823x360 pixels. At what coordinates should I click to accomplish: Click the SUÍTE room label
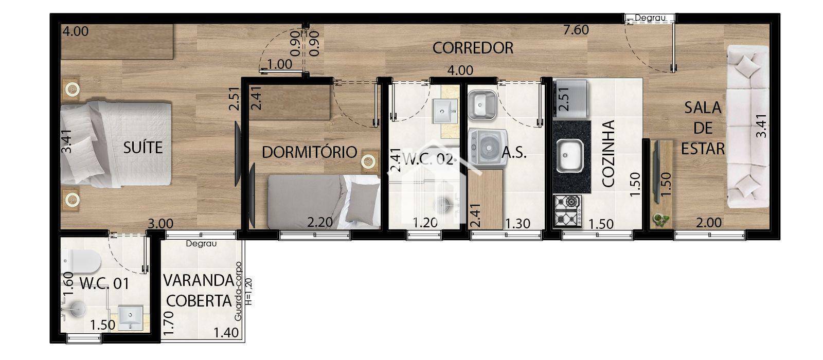(143, 148)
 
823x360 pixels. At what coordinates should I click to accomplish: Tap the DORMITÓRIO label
(309, 152)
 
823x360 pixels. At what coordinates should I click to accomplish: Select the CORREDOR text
(473, 48)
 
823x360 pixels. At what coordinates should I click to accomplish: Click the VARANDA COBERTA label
(198, 291)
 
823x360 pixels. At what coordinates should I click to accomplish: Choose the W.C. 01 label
(104, 283)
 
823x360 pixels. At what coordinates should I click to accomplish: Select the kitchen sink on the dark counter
(570, 156)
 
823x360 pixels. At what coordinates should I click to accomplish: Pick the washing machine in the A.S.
(487, 149)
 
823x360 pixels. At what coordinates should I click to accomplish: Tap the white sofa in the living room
(747, 126)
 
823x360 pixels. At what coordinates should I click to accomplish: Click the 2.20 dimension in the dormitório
(319, 223)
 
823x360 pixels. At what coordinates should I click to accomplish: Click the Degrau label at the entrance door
(650, 18)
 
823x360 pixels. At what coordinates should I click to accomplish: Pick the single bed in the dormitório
(324, 201)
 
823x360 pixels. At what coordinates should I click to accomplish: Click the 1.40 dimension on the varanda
(227, 333)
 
